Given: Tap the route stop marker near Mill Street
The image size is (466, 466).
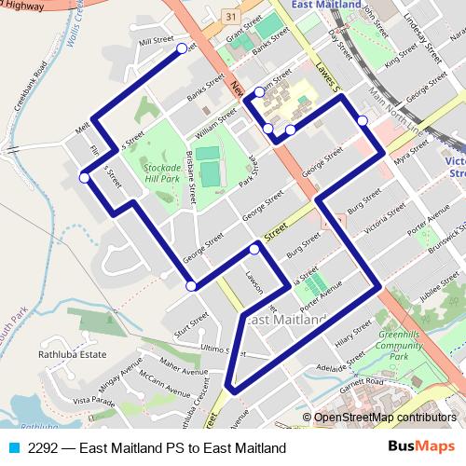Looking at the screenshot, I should [x=181, y=48].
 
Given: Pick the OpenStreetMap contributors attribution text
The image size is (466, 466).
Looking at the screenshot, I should [x=385, y=417].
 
